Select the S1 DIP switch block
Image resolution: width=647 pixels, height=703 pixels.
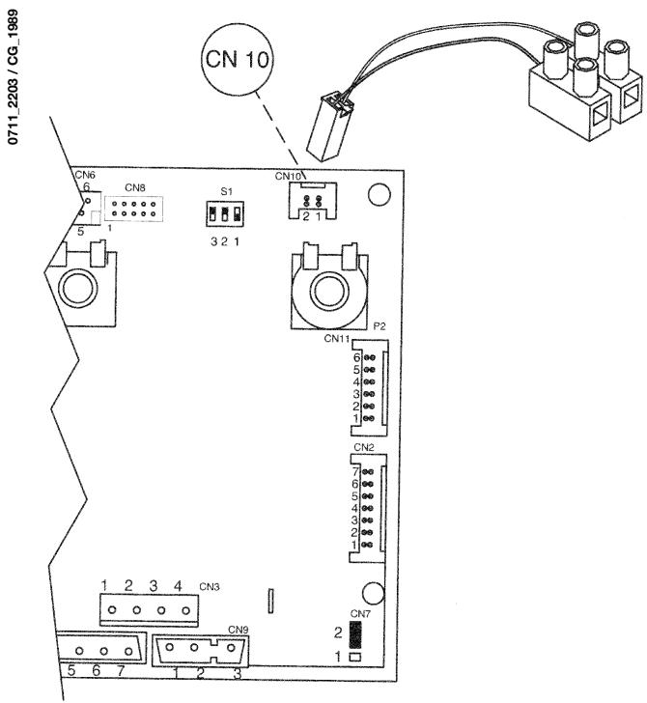(x=224, y=213)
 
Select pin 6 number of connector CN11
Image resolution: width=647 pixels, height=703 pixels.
(x=356, y=356)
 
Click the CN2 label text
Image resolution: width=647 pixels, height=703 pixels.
(x=364, y=448)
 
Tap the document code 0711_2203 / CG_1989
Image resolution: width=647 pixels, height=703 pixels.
(x=12, y=73)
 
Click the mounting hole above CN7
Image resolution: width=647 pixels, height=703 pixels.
(x=371, y=591)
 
